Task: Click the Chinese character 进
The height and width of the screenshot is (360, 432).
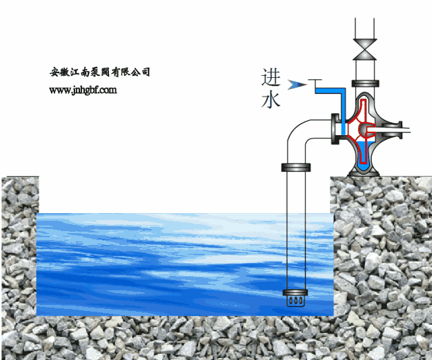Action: pos(271,77)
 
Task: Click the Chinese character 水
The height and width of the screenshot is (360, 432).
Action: pos(270,100)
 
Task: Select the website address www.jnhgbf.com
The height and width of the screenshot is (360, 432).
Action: pos(82,90)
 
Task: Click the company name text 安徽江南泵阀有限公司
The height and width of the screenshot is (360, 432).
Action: pos(100,72)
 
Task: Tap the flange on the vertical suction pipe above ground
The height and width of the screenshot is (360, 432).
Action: pos(295,166)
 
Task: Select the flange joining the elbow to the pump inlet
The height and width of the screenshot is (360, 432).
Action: pos(337,129)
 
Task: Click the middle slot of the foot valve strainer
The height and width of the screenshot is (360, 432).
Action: pos(295,301)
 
